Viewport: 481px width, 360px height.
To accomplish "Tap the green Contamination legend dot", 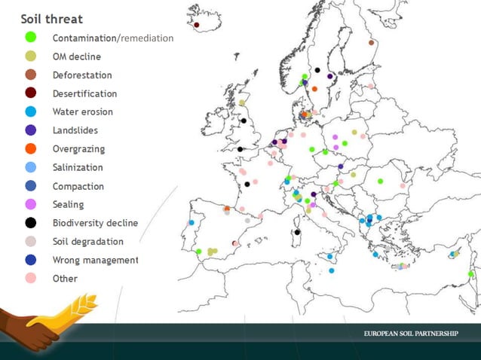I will [31, 37].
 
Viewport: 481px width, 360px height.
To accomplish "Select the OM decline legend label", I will [76, 56].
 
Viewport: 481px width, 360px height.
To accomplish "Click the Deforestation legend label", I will [82, 75].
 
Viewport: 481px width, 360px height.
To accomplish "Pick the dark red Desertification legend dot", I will [31, 93].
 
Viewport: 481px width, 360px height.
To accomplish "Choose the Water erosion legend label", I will [83, 112].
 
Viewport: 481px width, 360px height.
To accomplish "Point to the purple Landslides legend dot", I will [31, 130].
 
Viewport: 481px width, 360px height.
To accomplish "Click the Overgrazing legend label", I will [78, 149].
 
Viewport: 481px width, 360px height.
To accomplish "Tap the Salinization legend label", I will [78, 167].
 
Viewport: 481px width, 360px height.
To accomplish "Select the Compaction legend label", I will [78, 186].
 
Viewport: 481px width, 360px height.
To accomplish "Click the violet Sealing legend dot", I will [31, 204].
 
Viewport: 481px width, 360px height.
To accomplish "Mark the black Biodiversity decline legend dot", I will [31, 223].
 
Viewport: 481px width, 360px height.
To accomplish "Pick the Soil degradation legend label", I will [87, 242].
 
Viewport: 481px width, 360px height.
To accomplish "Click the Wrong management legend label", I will [95, 260].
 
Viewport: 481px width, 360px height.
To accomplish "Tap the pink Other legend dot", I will [31, 279].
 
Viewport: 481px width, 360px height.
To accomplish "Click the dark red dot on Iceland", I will [197, 25].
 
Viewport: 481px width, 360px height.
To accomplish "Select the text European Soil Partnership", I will [410, 334].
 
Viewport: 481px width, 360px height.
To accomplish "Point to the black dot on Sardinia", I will [298, 232].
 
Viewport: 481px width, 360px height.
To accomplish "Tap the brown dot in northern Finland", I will [371, 43].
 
